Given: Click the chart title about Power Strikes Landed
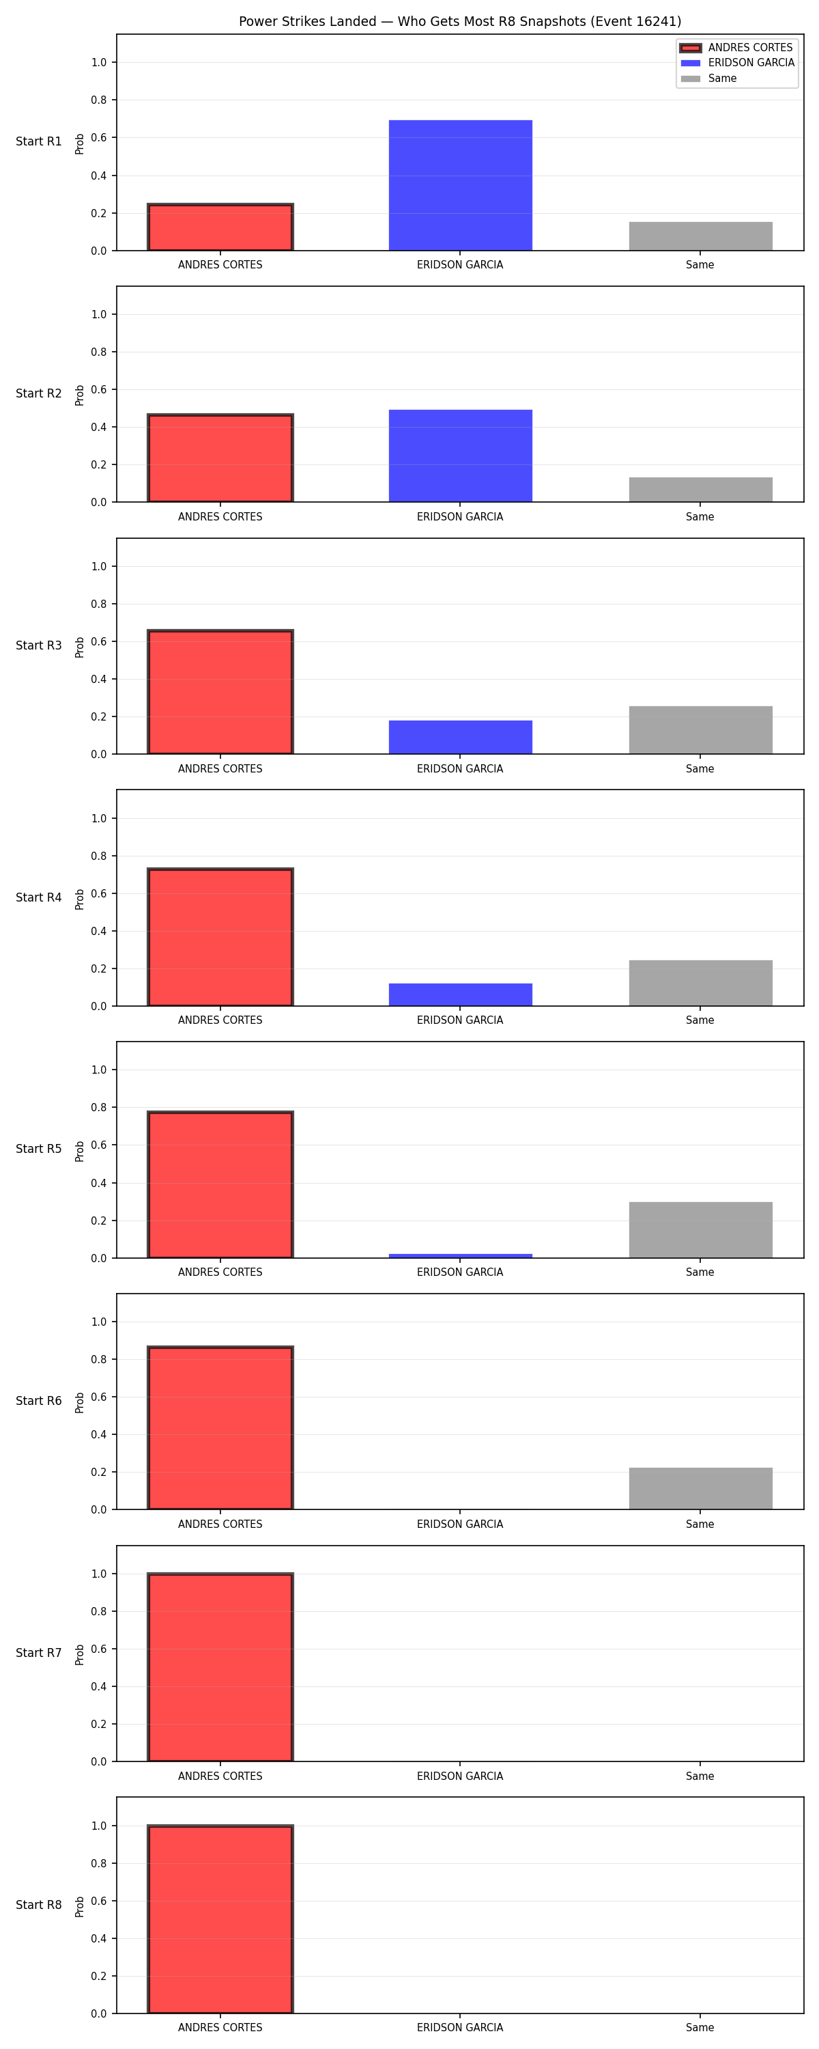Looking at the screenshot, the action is (x=459, y=21).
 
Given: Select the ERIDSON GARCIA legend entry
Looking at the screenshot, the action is (x=737, y=63).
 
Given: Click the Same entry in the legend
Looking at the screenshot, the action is (x=708, y=79).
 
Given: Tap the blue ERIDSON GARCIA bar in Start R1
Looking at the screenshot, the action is (x=461, y=185).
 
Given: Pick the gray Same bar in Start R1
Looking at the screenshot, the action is (x=700, y=236).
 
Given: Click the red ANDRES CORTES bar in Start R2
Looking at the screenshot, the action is (x=220, y=458).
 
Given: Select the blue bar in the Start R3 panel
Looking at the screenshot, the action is (x=461, y=738).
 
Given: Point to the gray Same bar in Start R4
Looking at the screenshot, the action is (x=700, y=983).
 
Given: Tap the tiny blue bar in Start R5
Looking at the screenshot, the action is (x=461, y=1256).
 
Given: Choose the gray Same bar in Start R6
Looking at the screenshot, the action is (x=700, y=1488).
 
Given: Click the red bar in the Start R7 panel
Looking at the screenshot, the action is (x=220, y=1667).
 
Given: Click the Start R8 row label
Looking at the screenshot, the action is (x=39, y=1905).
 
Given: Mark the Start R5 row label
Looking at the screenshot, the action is (x=39, y=1149).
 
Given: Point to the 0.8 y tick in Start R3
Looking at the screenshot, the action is (x=98, y=604).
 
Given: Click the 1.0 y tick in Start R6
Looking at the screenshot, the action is (x=98, y=1322).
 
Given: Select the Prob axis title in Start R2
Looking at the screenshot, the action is (x=80, y=395).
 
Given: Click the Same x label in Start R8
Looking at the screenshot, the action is (x=700, y=2028).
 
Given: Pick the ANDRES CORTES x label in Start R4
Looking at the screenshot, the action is (x=220, y=1020).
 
